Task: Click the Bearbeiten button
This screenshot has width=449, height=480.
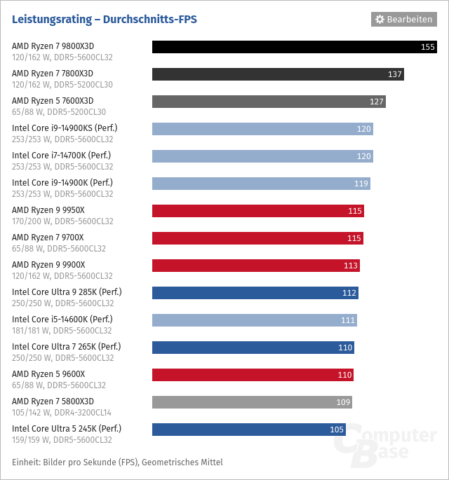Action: tap(403, 19)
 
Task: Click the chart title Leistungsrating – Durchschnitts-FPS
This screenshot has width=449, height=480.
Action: tap(105, 20)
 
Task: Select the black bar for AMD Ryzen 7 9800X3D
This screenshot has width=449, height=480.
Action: tap(294, 47)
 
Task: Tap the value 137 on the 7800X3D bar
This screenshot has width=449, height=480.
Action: tap(394, 74)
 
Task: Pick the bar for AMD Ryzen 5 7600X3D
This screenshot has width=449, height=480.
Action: tap(269, 102)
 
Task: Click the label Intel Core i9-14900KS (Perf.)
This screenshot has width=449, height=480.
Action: tap(65, 128)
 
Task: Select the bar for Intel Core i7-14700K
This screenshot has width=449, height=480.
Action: tap(262, 156)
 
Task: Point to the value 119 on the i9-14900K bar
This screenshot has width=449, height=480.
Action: tap(361, 184)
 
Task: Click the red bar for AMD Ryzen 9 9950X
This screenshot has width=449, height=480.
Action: tap(257, 211)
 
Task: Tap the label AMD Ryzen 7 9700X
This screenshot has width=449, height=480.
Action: tap(48, 238)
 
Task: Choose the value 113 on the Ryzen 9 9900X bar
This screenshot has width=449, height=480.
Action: tap(351, 266)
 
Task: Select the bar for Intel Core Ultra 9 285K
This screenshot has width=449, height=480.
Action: tap(255, 293)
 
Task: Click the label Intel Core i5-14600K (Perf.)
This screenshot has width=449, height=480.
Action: tap(62, 320)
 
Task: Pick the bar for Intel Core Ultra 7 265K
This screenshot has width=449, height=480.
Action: tap(253, 348)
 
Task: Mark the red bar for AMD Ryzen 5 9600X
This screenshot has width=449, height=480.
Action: tap(253, 375)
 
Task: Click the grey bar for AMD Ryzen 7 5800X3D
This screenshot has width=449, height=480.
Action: tap(252, 402)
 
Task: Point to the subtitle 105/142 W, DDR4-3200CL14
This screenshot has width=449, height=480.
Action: tap(62, 413)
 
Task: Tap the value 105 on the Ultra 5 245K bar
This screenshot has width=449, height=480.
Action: tap(337, 430)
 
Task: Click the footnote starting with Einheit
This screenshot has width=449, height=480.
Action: tap(117, 462)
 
